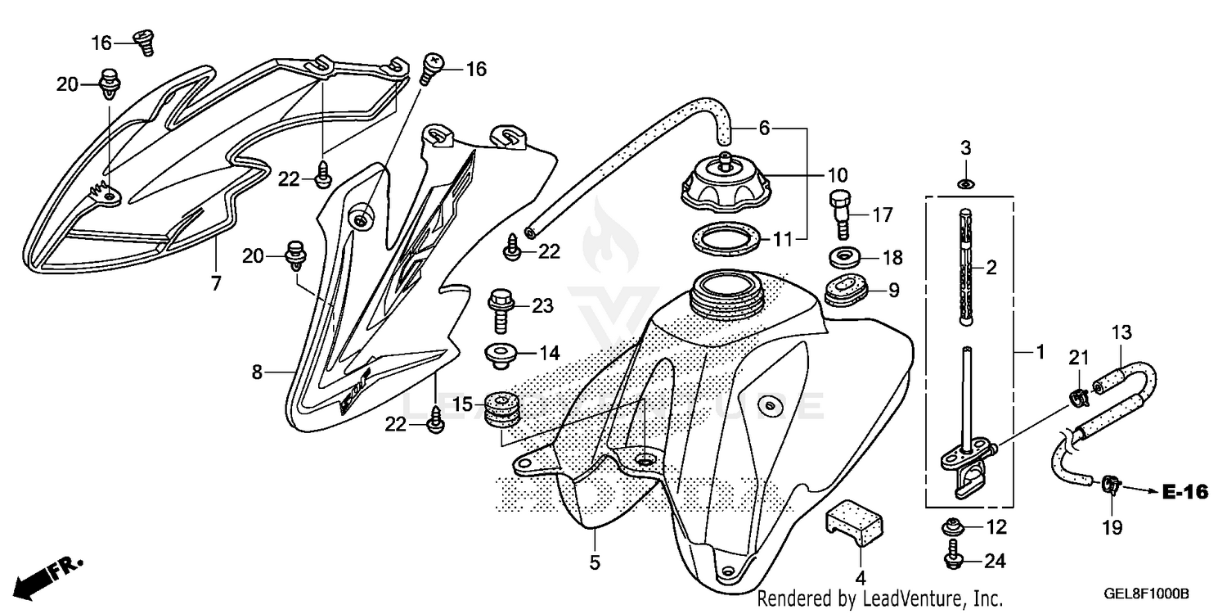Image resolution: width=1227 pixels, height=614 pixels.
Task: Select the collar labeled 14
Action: pyautogui.click(x=501, y=354)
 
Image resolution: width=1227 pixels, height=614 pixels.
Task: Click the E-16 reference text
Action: pyautogui.click(x=1184, y=492)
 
